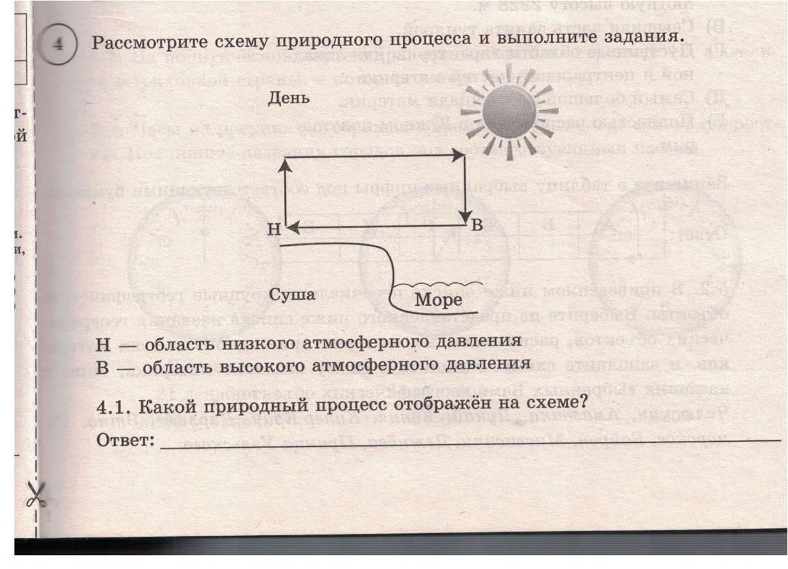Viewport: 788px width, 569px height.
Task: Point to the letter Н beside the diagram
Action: tap(274, 230)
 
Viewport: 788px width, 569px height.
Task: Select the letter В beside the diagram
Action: tap(478, 225)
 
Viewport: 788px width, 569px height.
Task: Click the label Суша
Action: tap(292, 294)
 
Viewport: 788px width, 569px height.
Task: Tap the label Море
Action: tap(438, 300)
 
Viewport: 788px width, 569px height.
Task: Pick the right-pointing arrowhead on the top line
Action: tap(458, 155)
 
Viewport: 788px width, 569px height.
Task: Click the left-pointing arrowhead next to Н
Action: tap(292, 227)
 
